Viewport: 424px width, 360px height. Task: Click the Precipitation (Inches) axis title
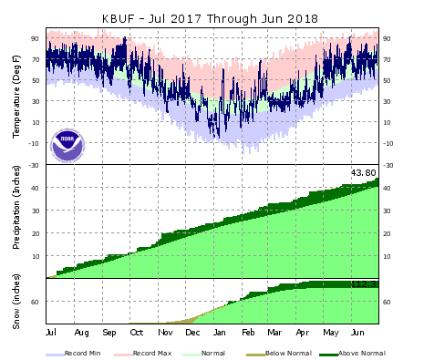tap(16, 221)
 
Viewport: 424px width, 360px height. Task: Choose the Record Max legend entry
tap(154, 350)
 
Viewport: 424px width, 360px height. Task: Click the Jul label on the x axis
tap(51, 334)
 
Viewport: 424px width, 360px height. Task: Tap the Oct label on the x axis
tap(136, 334)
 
